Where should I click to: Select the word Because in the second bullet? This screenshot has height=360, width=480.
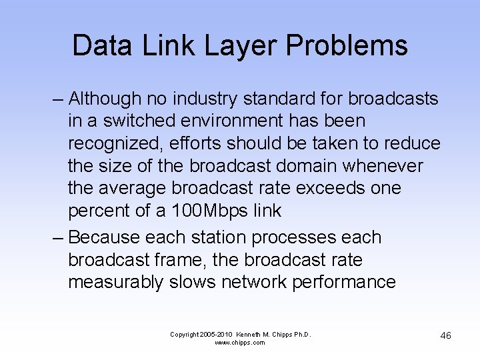click(104, 237)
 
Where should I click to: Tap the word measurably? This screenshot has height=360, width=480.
click(115, 282)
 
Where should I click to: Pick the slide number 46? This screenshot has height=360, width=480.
click(445, 335)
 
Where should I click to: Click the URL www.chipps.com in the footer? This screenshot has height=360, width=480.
click(240, 343)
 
